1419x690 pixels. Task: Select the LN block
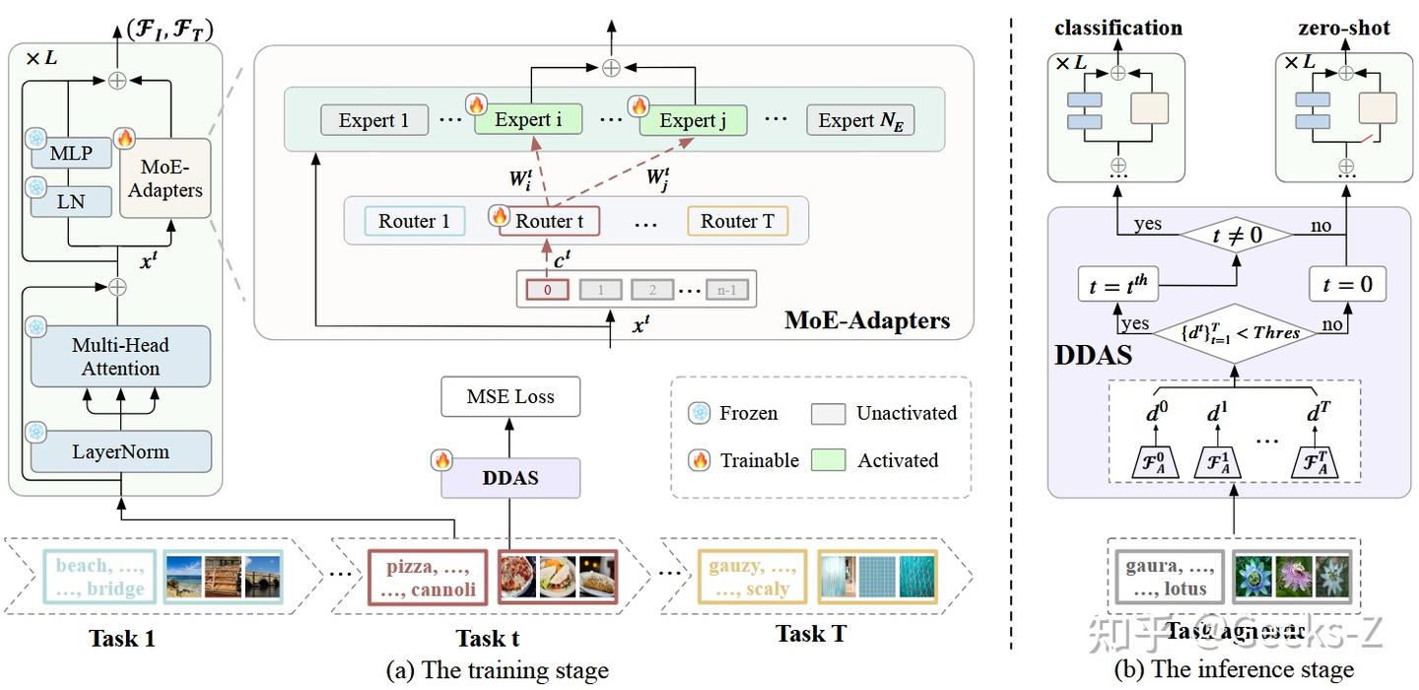click(x=70, y=202)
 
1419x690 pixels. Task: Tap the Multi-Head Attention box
click(x=120, y=357)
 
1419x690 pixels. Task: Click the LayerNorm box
click(x=120, y=452)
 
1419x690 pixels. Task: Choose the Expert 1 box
click(x=373, y=120)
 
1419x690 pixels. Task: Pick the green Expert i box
click(x=528, y=120)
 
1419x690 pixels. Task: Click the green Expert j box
click(x=693, y=120)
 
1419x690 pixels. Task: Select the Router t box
click(x=549, y=221)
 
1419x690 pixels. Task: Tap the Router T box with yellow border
click(x=737, y=221)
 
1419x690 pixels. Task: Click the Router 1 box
click(x=414, y=221)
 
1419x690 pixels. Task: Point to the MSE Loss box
click(x=510, y=397)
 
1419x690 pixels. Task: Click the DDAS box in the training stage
click(x=510, y=478)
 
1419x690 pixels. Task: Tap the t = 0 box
click(x=1347, y=285)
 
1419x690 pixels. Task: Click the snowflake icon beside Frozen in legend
click(x=699, y=413)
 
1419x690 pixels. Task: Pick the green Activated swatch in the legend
click(x=828, y=460)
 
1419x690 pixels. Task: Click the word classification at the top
click(x=1118, y=28)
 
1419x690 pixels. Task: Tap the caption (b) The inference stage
click(x=1234, y=670)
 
